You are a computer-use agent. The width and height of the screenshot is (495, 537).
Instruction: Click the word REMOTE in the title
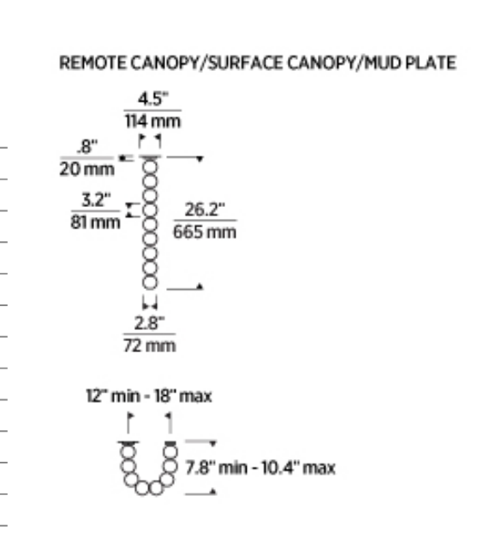click(92, 63)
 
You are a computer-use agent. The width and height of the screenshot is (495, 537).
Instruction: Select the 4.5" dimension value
click(153, 99)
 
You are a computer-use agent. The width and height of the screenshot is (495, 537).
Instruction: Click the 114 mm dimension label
click(152, 121)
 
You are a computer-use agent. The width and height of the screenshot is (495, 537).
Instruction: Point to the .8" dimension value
click(87, 146)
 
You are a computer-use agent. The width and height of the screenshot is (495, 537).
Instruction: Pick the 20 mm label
click(86, 168)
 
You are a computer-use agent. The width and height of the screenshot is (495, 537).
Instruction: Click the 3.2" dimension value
click(97, 199)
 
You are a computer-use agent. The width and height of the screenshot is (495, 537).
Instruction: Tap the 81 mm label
click(95, 222)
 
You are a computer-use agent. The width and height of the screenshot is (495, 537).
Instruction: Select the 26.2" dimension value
click(205, 209)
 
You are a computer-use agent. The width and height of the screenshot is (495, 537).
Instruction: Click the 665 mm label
click(205, 232)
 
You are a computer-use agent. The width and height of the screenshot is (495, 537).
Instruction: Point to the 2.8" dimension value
click(149, 323)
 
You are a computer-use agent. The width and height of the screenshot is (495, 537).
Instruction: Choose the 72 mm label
click(150, 345)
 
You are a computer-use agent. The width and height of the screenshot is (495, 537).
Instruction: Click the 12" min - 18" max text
click(149, 396)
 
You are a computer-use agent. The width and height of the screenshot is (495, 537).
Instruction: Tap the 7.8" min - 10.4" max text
click(260, 468)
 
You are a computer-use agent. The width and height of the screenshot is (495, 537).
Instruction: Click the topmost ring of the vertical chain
click(150, 167)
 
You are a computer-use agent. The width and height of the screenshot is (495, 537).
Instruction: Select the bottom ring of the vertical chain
click(150, 282)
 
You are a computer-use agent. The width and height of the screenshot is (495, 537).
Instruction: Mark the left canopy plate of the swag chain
click(128, 444)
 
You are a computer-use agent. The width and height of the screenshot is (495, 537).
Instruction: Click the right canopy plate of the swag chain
click(170, 444)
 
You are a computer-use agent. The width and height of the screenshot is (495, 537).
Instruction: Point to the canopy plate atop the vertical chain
click(150, 157)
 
